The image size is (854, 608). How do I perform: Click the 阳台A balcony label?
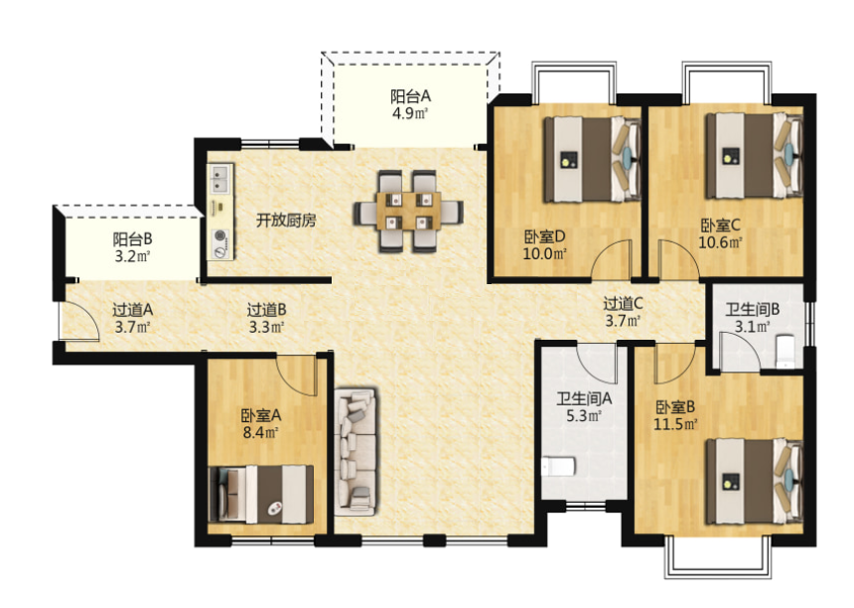click(x=410, y=96)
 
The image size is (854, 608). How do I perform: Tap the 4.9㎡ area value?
click(x=410, y=113)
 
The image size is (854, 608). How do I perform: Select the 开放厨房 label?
click(x=286, y=221)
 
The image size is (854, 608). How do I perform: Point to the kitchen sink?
click(x=218, y=179)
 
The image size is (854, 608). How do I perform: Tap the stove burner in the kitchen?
click(x=218, y=241)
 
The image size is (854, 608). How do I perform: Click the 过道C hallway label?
click(x=625, y=303)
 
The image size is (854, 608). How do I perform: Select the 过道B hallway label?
click(x=267, y=309)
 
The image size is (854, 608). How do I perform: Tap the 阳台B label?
click(x=131, y=238)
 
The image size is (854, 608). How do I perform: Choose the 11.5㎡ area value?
click(x=674, y=425)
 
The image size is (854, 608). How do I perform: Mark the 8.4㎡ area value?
click(x=260, y=432)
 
